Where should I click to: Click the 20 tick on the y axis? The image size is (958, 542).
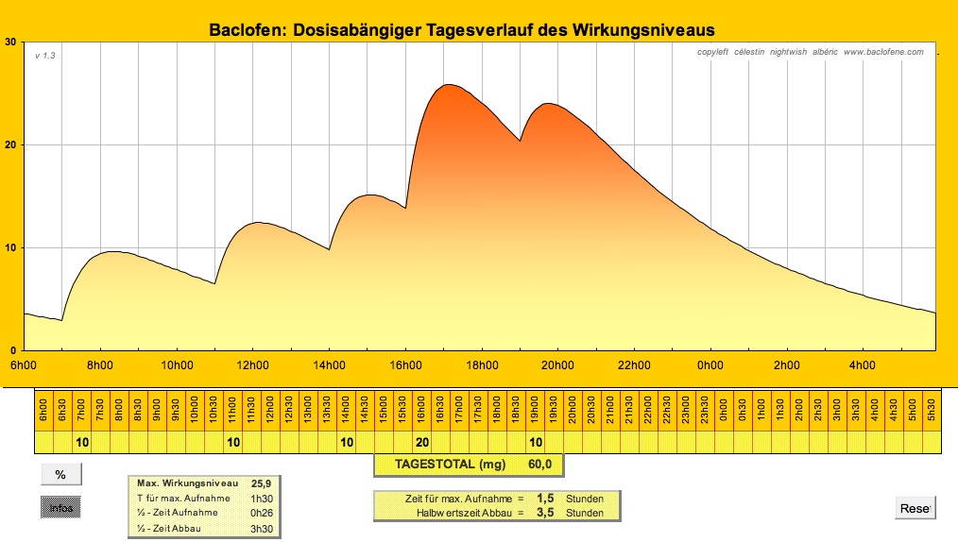(10, 144)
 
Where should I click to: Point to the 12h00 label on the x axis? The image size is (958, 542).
(252, 365)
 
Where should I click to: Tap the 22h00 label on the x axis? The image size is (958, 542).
(633, 365)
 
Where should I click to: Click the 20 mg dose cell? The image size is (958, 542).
(422, 442)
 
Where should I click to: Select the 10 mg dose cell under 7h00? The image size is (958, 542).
(82, 442)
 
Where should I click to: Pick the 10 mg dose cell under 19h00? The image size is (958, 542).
(536, 442)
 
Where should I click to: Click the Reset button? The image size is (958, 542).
(915, 508)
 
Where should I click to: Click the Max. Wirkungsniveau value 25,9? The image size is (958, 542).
(261, 483)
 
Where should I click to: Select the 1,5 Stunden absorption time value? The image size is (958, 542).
(545, 498)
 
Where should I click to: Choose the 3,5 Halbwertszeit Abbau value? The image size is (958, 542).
(545, 513)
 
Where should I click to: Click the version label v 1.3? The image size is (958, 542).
(45, 56)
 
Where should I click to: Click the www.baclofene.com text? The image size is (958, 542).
(883, 52)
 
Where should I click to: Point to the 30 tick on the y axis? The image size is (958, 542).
(10, 42)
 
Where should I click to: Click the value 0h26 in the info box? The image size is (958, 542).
(261, 512)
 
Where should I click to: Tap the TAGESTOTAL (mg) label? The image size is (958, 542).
(450, 465)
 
